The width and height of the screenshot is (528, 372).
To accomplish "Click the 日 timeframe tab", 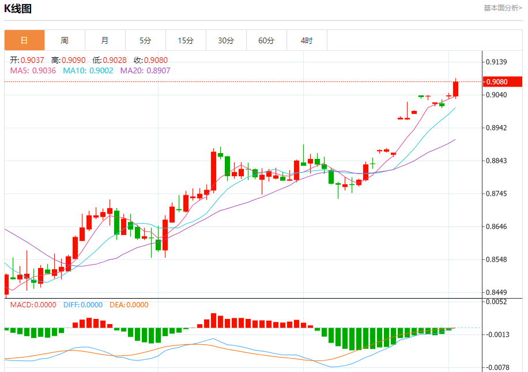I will [24, 40].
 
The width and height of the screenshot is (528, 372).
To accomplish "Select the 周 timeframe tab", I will [65, 40].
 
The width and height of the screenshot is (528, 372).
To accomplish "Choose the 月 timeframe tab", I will [105, 40].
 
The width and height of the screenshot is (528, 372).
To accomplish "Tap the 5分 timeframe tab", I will [145, 40].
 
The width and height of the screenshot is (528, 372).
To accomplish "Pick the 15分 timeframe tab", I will [186, 40].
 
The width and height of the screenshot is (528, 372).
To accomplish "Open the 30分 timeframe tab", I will [226, 40].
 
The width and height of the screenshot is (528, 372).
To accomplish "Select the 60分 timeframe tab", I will [266, 40].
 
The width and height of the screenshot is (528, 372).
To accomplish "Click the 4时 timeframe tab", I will [307, 40].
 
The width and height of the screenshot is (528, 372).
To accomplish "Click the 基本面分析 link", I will [503, 8].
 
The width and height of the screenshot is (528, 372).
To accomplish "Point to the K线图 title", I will [18, 9].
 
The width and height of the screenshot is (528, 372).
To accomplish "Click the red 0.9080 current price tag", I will [499, 81].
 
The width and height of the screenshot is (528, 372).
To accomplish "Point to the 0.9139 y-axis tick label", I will [496, 62].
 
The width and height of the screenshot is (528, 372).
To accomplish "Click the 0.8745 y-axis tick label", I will [496, 194].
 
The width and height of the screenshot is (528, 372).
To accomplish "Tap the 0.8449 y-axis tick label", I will [496, 292].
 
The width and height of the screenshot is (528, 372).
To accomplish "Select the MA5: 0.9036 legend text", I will [33, 70].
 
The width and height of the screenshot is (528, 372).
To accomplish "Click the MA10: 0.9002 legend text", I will [88, 70].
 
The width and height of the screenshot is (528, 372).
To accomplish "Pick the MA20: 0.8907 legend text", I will [145, 70].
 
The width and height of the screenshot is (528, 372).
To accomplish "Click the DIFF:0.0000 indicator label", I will [83, 305].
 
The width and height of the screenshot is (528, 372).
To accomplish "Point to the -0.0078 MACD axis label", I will [496, 367].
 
